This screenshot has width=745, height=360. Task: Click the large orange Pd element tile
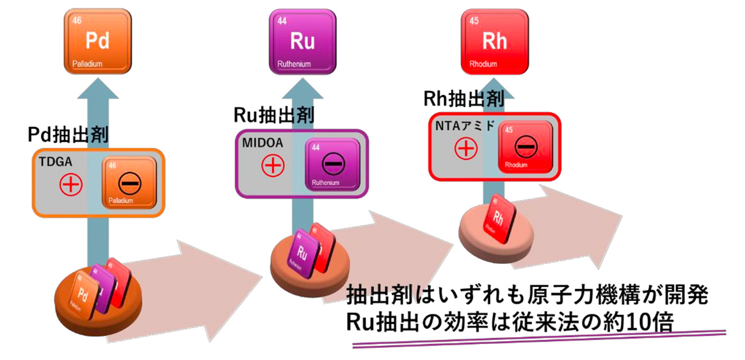97,41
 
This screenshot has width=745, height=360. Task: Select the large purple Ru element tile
303,41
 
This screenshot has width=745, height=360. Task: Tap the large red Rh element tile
494,41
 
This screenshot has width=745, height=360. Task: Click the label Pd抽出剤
69,135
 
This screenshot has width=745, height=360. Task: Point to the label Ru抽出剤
273,115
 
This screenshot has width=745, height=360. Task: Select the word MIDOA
258,143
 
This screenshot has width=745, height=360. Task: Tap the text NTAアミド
464,126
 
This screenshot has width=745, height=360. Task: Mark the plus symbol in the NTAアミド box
466,150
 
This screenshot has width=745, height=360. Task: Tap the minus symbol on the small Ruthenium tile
332,165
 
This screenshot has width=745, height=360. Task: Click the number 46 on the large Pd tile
77,21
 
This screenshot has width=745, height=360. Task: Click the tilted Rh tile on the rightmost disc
499,219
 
